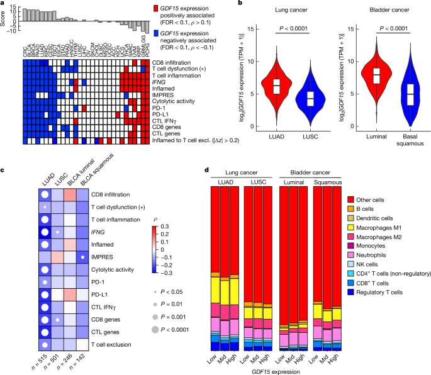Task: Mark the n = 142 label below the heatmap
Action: click(80, 352)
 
